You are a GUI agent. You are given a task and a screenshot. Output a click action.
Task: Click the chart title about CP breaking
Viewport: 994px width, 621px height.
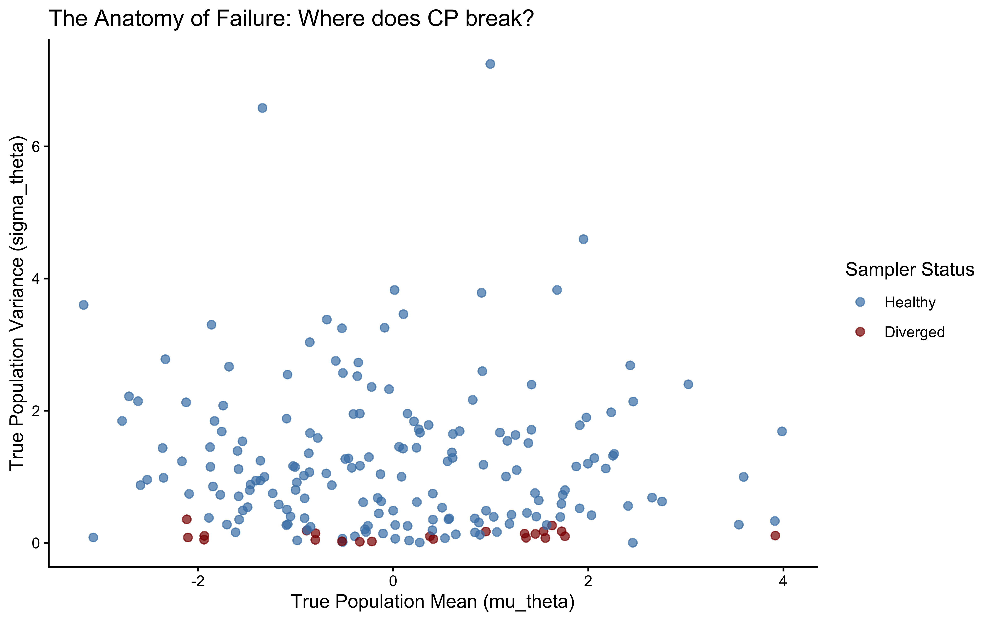(x=291, y=19)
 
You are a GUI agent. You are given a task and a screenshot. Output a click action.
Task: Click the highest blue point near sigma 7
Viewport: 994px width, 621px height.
(x=490, y=64)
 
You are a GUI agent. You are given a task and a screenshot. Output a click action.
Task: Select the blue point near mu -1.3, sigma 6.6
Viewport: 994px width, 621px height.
(x=262, y=108)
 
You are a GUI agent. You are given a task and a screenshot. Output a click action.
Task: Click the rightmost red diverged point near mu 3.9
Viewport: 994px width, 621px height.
(x=775, y=536)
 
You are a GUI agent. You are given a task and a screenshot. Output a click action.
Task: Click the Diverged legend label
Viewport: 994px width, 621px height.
(x=914, y=332)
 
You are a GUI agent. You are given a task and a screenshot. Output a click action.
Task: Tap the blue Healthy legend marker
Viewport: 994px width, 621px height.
(x=860, y=302)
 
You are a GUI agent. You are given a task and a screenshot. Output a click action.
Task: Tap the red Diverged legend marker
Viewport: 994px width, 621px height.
(x=860, y=331)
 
